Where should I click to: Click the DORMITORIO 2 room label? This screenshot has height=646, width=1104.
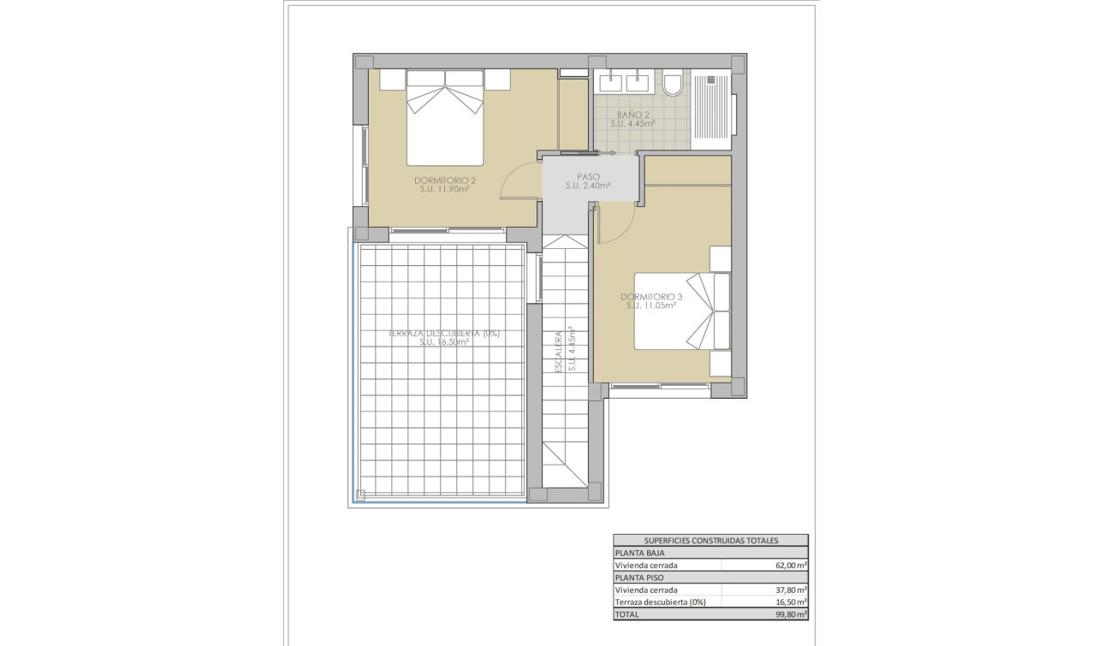tap(444, 181)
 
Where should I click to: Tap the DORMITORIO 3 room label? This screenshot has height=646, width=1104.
tap(651, 297)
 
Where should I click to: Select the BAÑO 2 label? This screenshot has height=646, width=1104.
tap(633, 115)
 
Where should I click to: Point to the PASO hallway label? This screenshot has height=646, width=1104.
tap(587, 177)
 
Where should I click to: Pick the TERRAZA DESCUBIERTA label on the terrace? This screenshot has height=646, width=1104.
tap(443, 334)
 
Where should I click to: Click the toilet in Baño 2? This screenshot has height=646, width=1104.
tap(673, 83)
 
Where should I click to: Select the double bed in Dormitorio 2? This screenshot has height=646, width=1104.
tap(445, 117)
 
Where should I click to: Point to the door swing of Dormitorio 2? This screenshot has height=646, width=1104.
tap(519, 181)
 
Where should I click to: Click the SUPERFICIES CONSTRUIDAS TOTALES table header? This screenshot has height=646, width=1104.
tap(710, 541)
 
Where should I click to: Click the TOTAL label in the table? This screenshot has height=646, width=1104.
tap(627, 613)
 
